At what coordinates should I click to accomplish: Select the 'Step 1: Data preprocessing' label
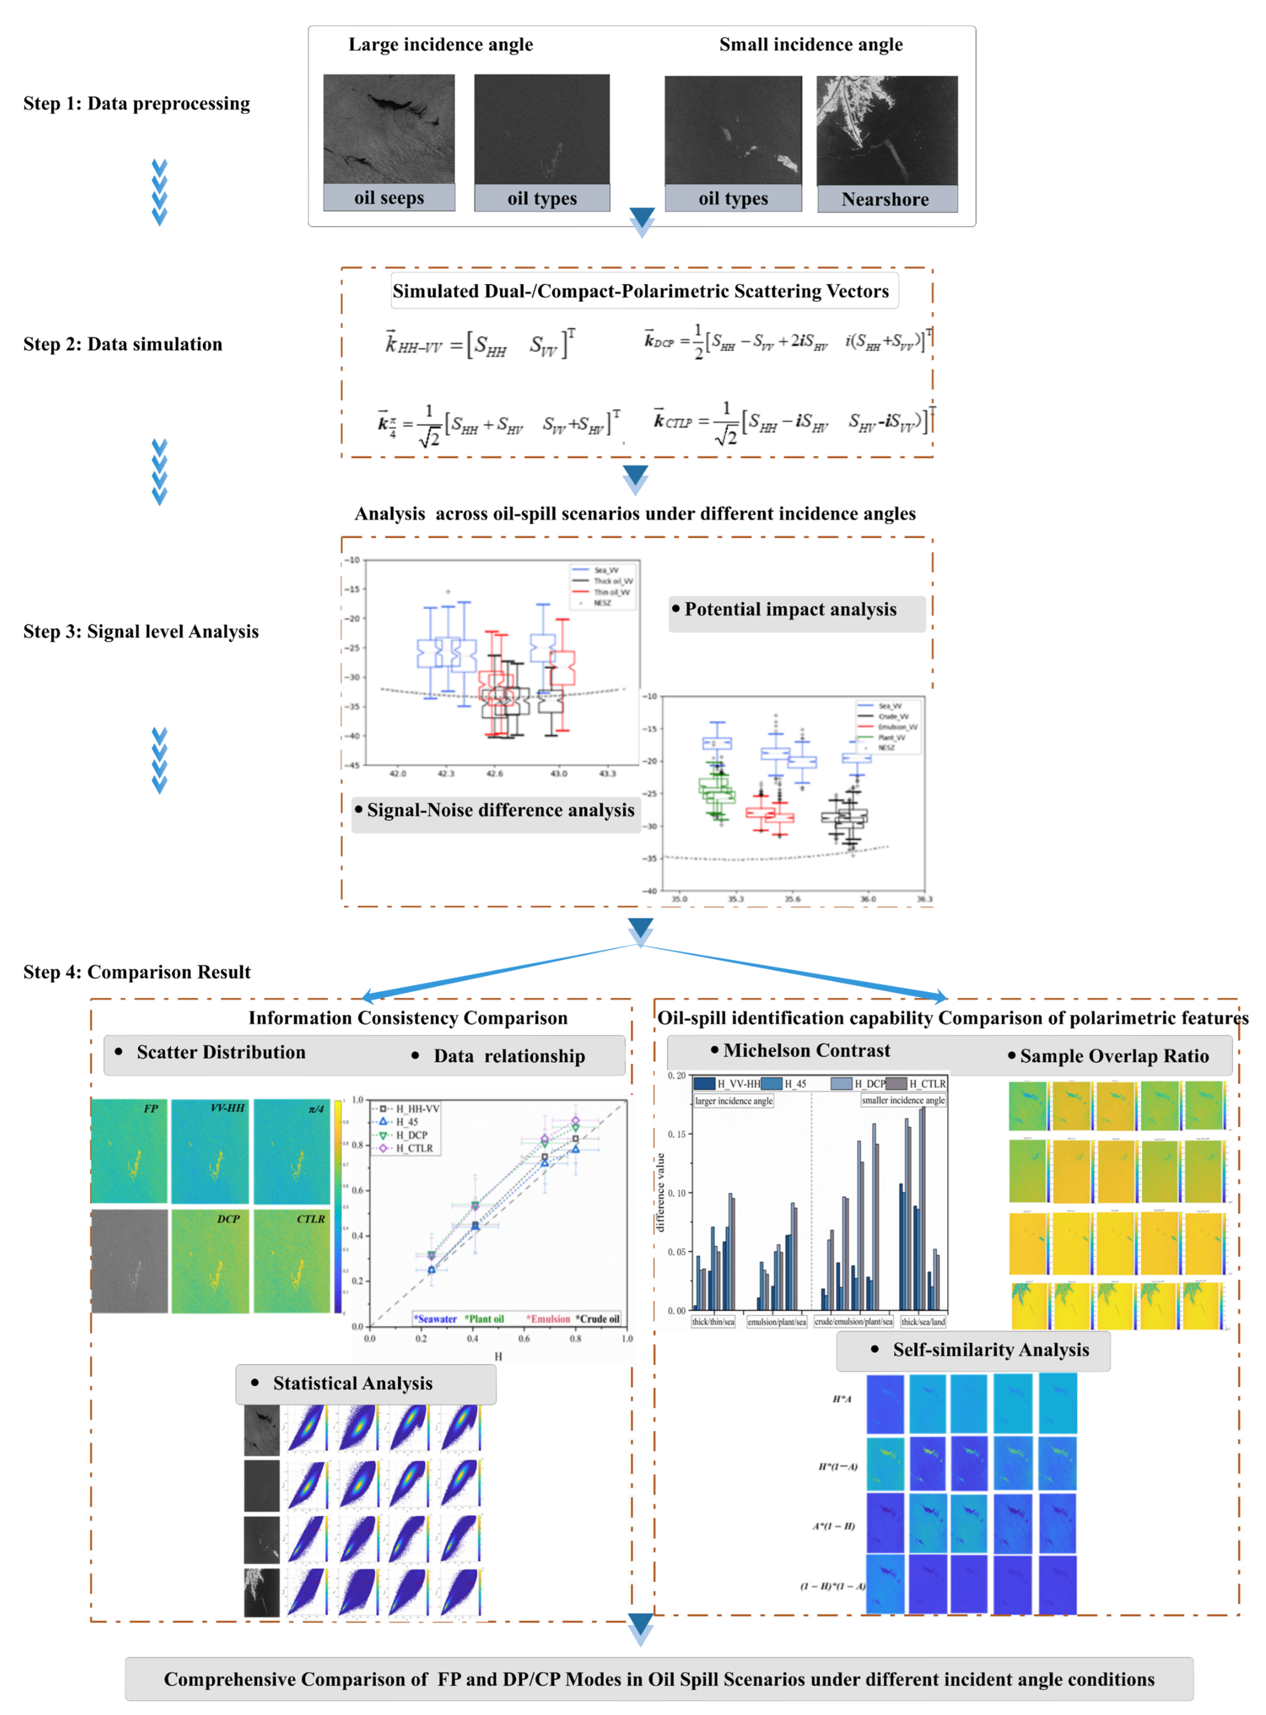click(136, 103)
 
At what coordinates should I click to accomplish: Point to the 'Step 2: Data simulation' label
click(123, 344)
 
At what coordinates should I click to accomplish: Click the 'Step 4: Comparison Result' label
click(136, 972)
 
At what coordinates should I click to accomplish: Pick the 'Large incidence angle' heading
click(441, 45)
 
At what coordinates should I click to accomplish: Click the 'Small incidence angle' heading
click(811, 45)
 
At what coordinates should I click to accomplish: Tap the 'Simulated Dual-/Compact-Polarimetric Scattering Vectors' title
click(641, 291)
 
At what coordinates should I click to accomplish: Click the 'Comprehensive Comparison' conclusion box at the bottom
click(659, 1679)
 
